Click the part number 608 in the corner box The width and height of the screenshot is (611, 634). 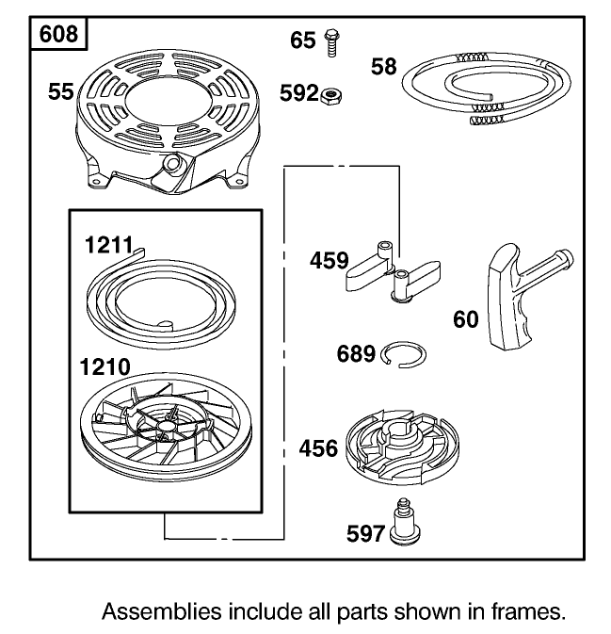(x=58, y=34)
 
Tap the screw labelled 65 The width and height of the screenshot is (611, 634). (x=331, y=42)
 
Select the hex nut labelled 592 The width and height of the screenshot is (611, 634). (x=331, y=97)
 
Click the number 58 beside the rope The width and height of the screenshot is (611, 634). (x=384, y=66)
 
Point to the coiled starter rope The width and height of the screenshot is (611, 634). (x=486, y=89)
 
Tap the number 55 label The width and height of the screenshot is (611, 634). (x=61, y=91)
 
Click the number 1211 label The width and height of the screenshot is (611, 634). (x=108, y=245)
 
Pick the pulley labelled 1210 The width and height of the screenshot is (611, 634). (x=166, y=427)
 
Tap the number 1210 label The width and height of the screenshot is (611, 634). (x=105, y=367)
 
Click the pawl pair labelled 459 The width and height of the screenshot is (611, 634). (x=393, y=271)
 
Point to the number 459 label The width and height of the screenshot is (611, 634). (x=329, y=260)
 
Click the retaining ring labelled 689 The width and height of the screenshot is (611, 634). (x=403, y=355)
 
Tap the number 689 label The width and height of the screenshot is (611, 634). (x=356, y=354)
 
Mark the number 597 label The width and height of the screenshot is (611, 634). (x=365, y=534)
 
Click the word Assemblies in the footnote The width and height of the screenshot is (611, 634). (x=162, y=611)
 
